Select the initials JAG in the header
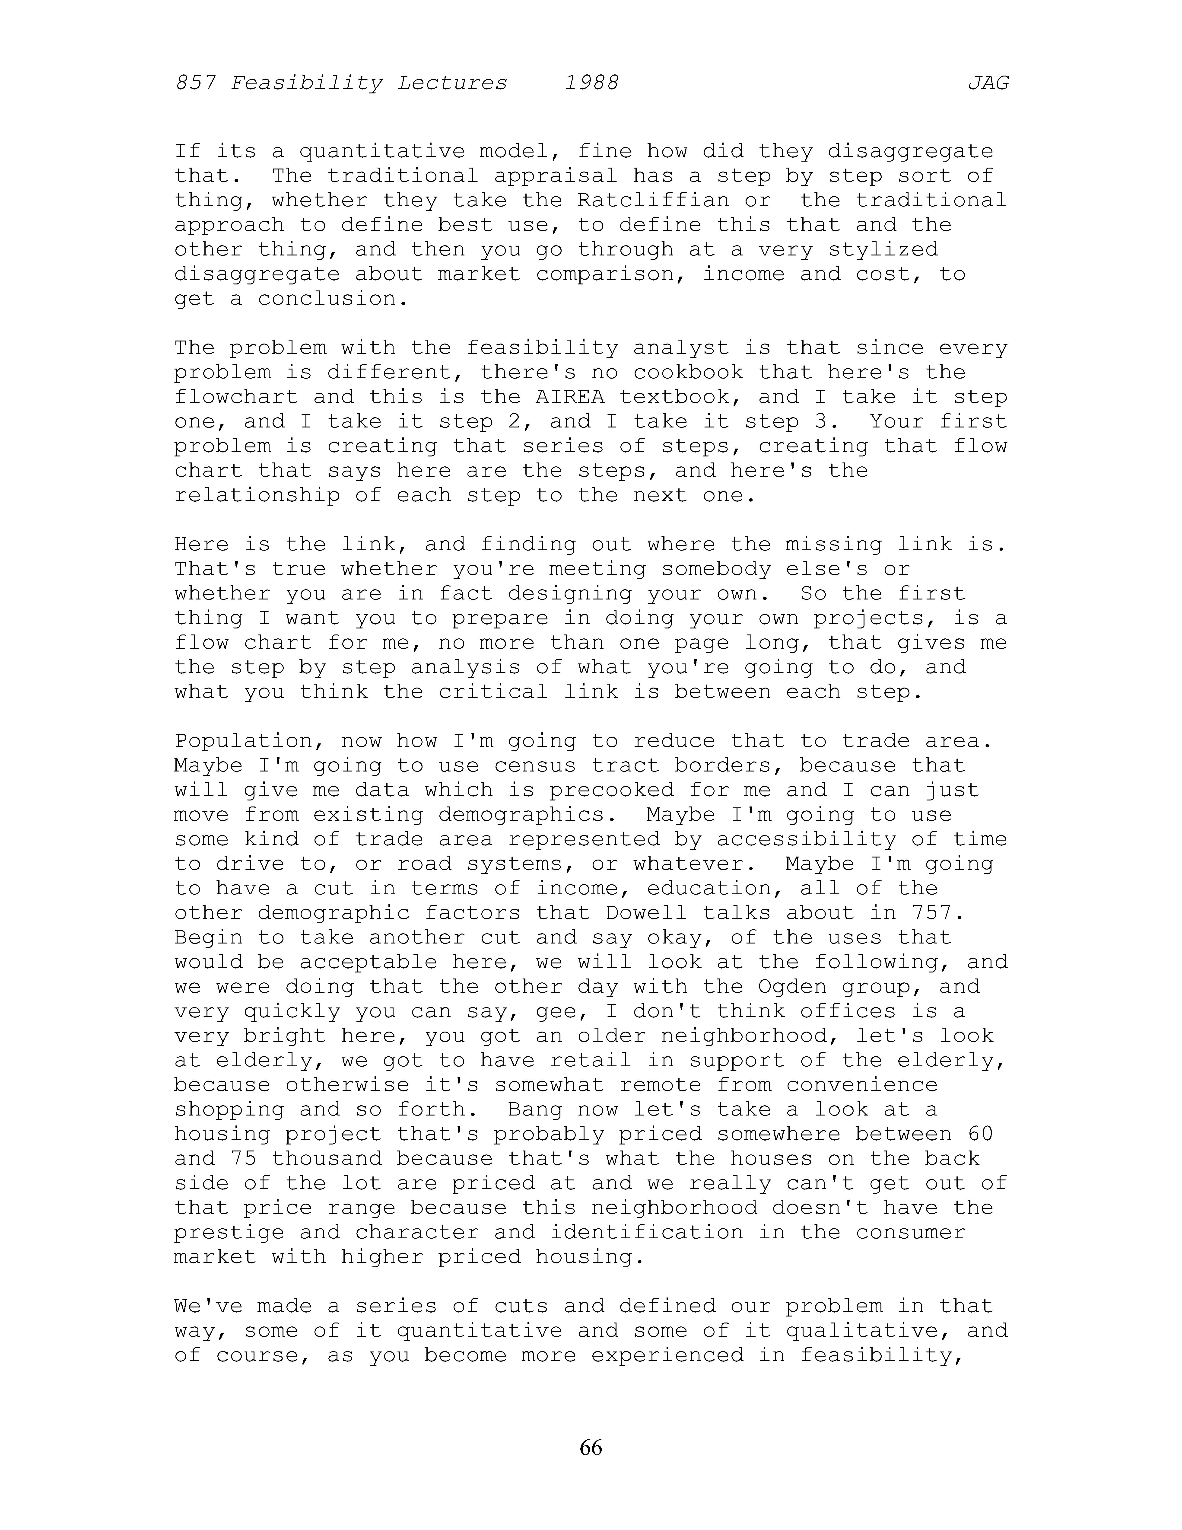click(988, 83)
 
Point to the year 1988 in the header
click(592, 83)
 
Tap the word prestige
click(229, 1232)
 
